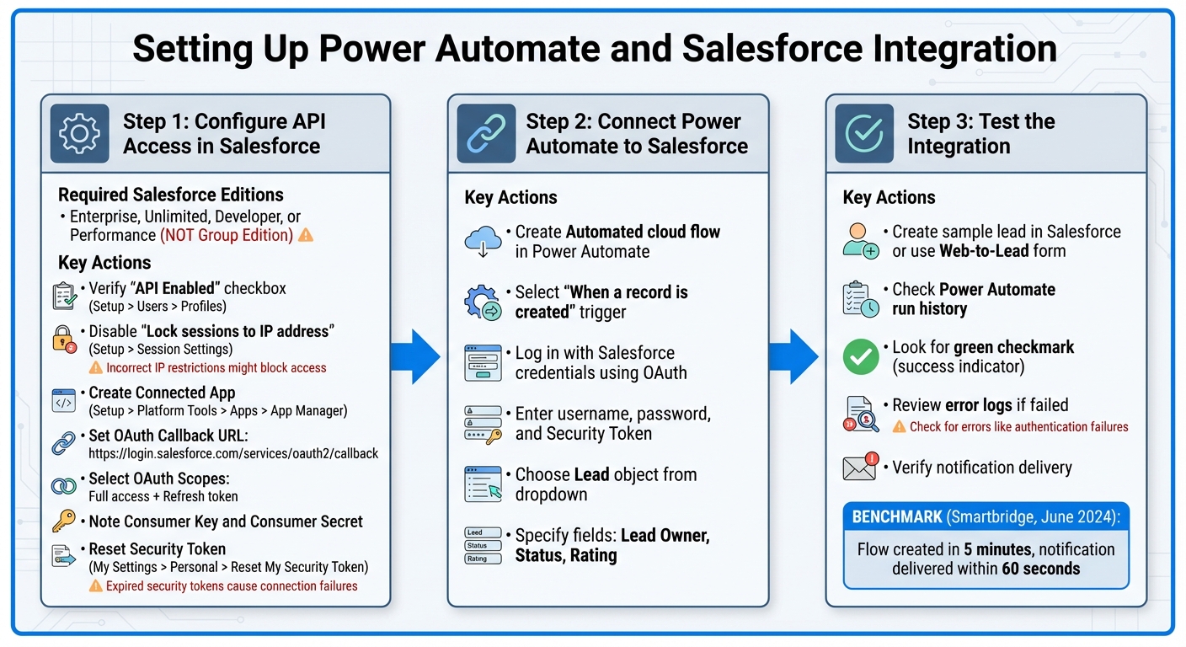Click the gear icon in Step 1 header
[79, 133]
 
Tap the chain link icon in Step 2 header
[486, 133]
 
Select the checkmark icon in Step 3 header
[863, 133]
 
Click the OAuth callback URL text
[233, 453]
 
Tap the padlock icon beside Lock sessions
[65, 338]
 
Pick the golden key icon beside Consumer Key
[64, 521]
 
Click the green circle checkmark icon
[860, 356]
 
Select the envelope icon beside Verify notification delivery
[860, 467]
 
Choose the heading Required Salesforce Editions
[170, 195]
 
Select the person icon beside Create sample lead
[860, 241]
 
